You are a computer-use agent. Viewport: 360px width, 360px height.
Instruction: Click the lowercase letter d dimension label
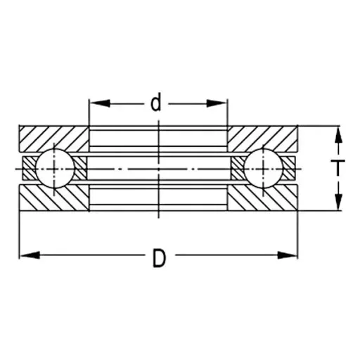click(x=156, y=102)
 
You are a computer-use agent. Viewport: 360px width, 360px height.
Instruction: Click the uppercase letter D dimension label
click(x=160, y=259)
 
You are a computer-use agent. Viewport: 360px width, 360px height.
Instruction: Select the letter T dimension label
click(x=337, y=168)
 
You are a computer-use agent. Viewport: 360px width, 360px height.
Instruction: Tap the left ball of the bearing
click(x=55, y=169)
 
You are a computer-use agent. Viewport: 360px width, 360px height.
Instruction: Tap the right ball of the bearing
click(x=264, y=169)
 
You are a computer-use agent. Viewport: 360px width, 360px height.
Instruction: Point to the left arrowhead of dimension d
click(x=100, y=103)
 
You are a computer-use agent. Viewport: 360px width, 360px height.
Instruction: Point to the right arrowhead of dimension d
click(x=216, y=103)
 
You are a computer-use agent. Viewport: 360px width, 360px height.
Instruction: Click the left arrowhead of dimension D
click(x=30, y=255)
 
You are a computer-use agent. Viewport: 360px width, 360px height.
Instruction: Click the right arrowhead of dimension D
click(x=287, y=255)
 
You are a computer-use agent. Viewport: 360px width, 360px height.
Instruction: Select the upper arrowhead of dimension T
click(x=337, y=136)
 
